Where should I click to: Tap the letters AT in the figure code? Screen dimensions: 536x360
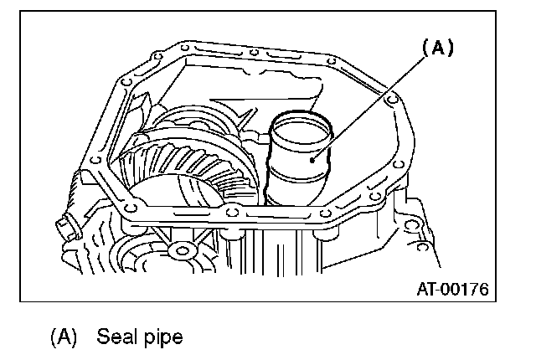pyautogui.click(x=427, y=290)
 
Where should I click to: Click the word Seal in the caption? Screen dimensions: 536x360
pyautogui.click(x=116, y=338)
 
